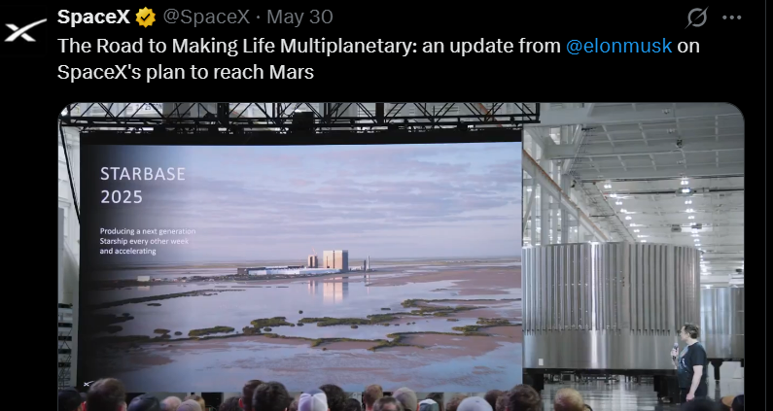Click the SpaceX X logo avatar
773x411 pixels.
24,30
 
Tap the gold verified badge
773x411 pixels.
146,17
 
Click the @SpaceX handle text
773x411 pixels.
206,17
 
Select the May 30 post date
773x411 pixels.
299,17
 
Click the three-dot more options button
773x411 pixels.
731,17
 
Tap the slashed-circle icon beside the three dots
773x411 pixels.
697,17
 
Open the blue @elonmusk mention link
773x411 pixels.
618,46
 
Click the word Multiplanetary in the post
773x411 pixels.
348,47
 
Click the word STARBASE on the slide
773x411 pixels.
143,174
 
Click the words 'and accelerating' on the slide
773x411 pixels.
127,251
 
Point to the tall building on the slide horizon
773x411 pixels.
335,259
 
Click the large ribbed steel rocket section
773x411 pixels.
611,305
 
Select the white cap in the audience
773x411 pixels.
312,401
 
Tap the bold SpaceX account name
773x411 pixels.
93,17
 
